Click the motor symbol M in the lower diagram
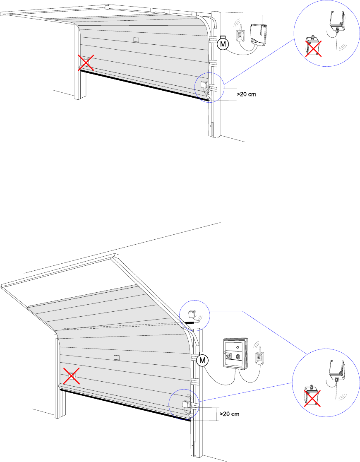(x=202, y=361)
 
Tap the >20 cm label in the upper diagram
(x=246, y=94)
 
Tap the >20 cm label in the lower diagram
(x=229, y=414)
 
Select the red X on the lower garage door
(x=72, y=376)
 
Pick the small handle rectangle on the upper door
(x=136, y=40)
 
